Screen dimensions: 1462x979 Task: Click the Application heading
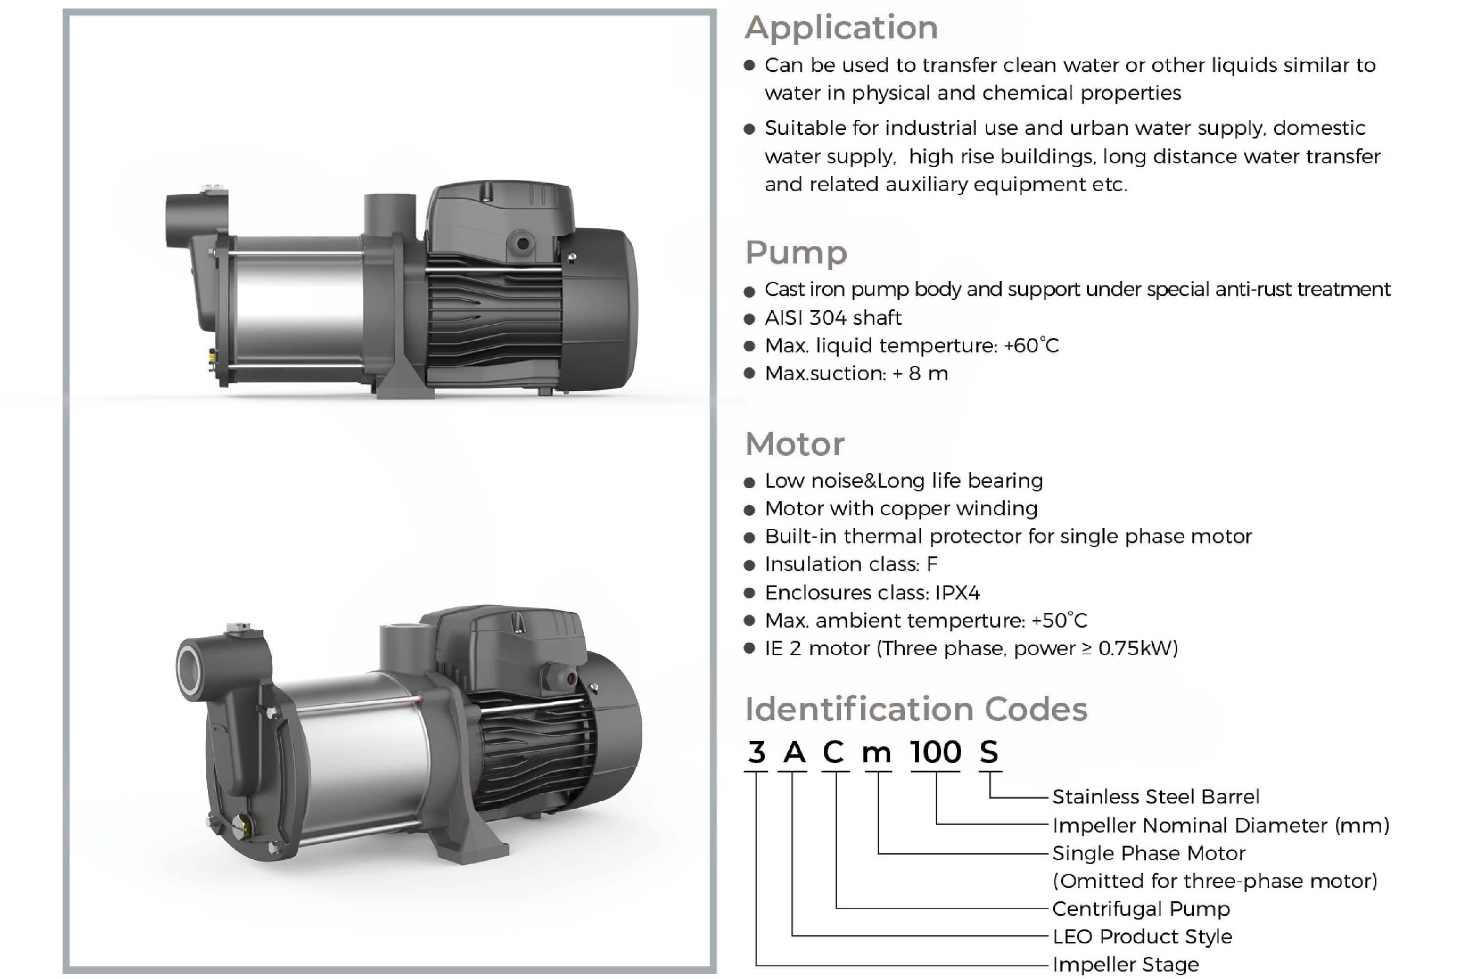click(x=841, y=29)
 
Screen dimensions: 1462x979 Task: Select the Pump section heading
click(x=796, y=253)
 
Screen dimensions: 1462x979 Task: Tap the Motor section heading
click(x=795, y=444)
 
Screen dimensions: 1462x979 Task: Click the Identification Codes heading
click(x=916, y=709)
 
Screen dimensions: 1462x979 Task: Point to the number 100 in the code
click(x=935, y=752)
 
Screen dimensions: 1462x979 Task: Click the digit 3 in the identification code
click(x=756, y=752)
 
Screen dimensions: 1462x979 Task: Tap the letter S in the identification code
click(x=989, y=752)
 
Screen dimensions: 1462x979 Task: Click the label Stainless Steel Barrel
click(x=1156, y=796)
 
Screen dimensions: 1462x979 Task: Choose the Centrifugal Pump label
click(x=1141, y=908)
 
